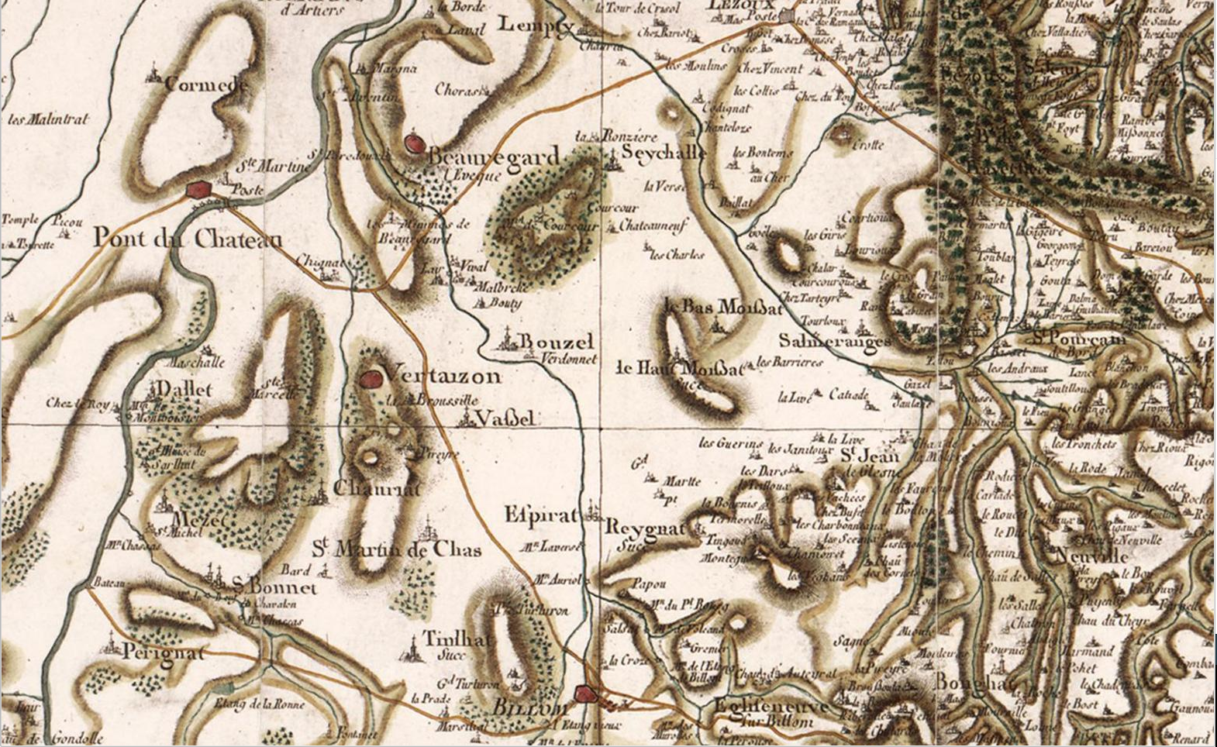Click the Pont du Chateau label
(x=188, y=238)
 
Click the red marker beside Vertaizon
(x=372, y=378)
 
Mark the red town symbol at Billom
(x=587, y=693)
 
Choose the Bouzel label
(x=557, y=342)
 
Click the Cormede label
(x=205, y=84)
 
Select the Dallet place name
(x=184, y=389)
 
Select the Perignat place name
(x=164, y=652)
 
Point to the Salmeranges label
(x=835, y=340)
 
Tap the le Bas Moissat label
(x=733, y=307)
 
